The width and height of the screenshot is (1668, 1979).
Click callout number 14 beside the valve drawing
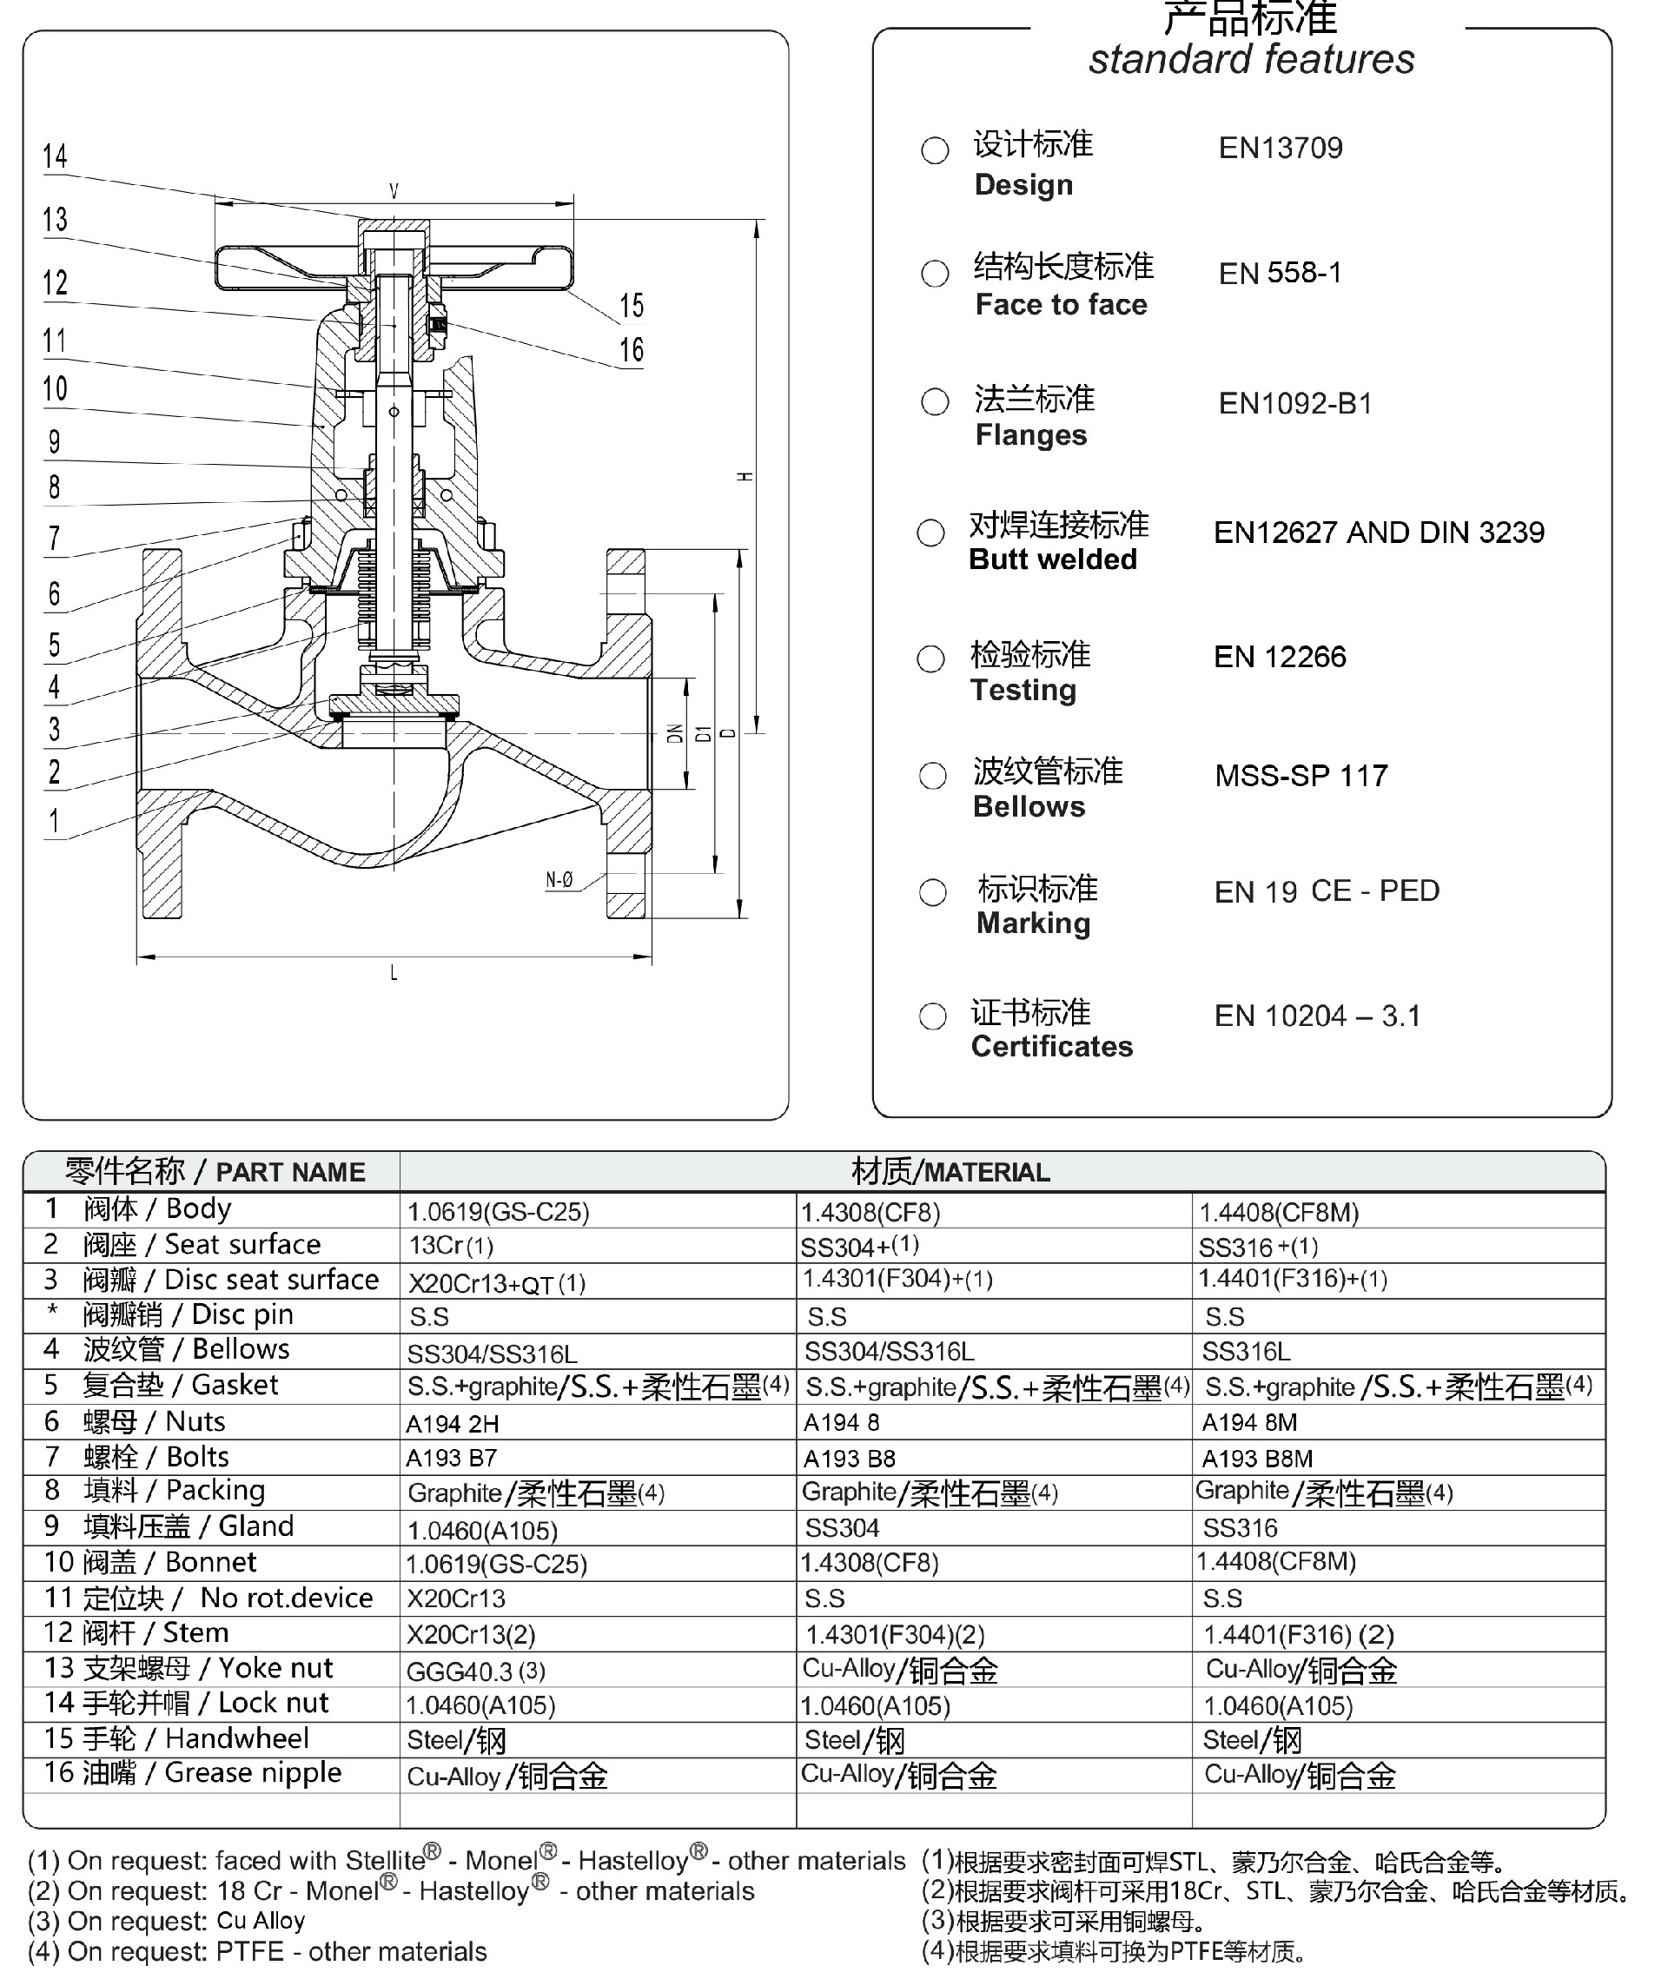pyautogui.click(x=55, y=156)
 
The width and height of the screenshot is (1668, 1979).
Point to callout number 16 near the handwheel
pyautogui.click(x=632, y=350)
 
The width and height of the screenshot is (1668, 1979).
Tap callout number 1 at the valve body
pyautogui.click(x=54, y=820)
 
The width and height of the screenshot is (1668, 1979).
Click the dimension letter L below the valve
pyautogui.click(x=394, y=973)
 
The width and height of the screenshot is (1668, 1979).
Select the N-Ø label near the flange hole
pyautogui.click(x=559, y=880)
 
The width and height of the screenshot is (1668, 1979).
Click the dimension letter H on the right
pyautogui.click(x=745, y=477)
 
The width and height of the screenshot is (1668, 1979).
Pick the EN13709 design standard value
pyautogui.click(x=1281, y=148)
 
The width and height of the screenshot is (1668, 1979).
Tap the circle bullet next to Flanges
pyautogui.click(x=935, y=402)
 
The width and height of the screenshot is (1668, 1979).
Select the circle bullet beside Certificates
pyautogui.click(x=932, y=1016)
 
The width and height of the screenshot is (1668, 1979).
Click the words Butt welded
pyautogui.click(x=1052, y=559)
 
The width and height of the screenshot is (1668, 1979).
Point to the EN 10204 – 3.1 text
pyautogui.click(x=1317, y=1016)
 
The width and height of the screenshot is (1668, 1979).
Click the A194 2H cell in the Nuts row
pyautogui.click(x=452, y=1424)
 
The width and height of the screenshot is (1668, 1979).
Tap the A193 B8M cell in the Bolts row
pyautogui.click(x=1257, y=1459)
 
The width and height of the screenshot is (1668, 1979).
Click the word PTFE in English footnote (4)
pyautogui.click(x=249, y=1951)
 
